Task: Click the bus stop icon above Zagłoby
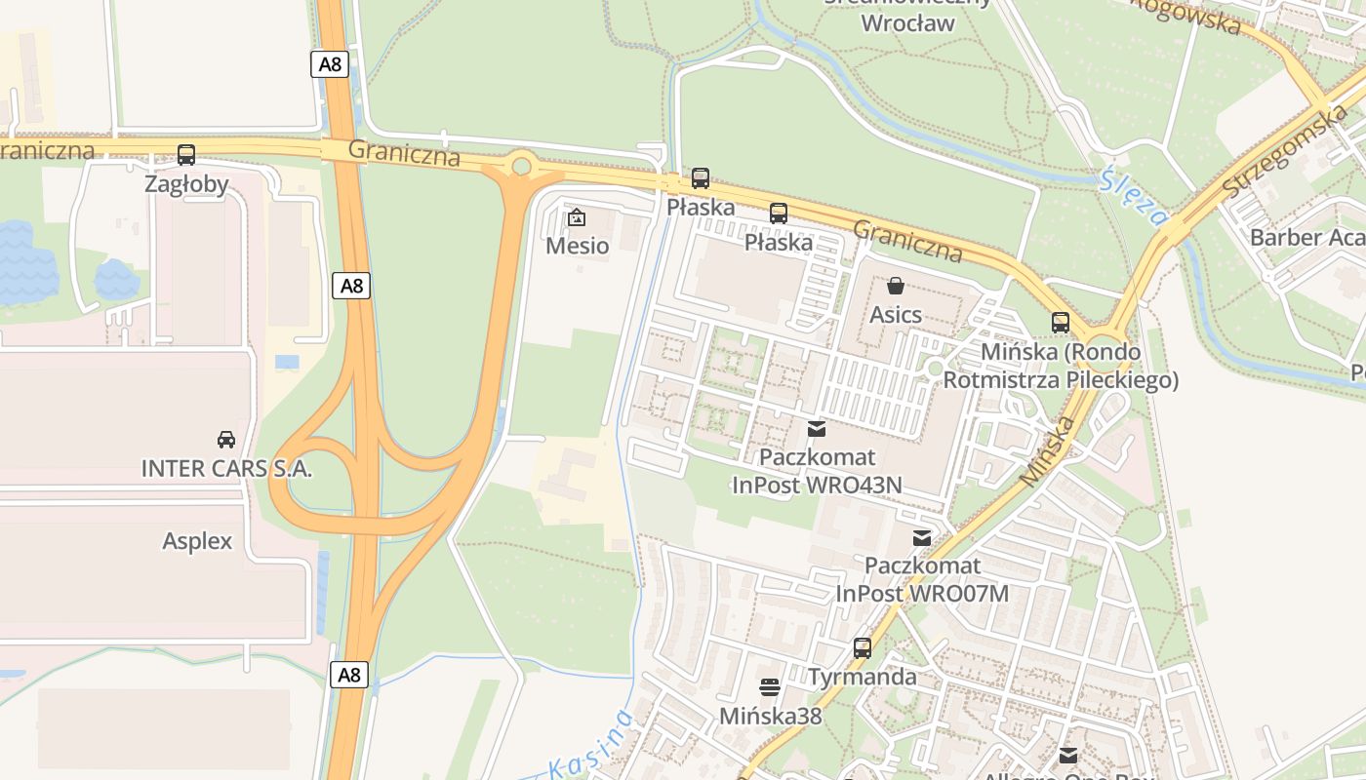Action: coord(186,154)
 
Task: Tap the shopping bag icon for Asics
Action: coord(895,286)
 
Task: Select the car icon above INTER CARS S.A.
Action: coord(226,439)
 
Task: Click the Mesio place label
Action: coord(577,245)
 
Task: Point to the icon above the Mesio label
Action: coord(577,216)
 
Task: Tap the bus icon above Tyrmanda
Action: coord(862,647)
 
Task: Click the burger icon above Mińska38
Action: coord(770,687)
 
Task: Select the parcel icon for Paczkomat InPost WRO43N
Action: coord(816,428)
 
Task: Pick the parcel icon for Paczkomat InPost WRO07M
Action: coord(921,537)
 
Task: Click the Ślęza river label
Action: coord(1132,195)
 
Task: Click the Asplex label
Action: coord(197,541)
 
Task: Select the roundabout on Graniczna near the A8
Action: coord(521,166)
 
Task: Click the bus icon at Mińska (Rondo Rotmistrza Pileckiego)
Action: coord(1060,322)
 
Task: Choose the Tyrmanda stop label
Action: coord(862,677)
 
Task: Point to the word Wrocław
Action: coord(907,22)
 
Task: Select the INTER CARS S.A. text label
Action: coord(226,468)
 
